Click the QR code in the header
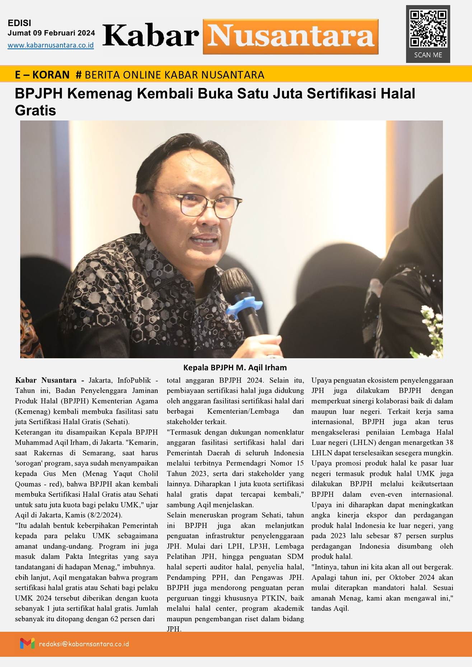point(428,28)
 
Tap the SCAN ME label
point(428,55)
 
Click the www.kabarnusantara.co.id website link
point(51,46)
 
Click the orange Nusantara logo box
point(290,37)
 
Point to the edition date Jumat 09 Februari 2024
point(51,33)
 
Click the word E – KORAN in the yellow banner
point(42,75)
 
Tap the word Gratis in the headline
point(35,110)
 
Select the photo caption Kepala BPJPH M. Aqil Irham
point(235,368)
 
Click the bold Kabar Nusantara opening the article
point(46,380)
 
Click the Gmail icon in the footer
point(27,644)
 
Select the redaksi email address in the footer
point(84,644)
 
